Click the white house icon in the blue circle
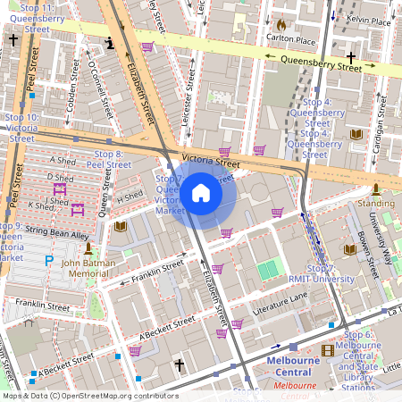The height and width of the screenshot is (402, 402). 201,194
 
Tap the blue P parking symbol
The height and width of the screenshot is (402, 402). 48,260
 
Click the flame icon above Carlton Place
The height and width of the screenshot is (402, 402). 282,26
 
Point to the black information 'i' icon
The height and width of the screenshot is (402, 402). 111,42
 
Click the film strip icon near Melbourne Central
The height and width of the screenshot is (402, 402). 328,349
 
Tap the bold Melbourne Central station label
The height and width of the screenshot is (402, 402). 294,366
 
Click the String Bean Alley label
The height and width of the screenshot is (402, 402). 58,234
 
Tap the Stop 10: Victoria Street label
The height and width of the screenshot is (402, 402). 22,128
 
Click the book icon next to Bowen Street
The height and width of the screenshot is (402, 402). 349,248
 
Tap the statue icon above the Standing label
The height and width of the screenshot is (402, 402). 376,188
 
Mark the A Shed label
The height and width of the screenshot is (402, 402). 64,161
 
